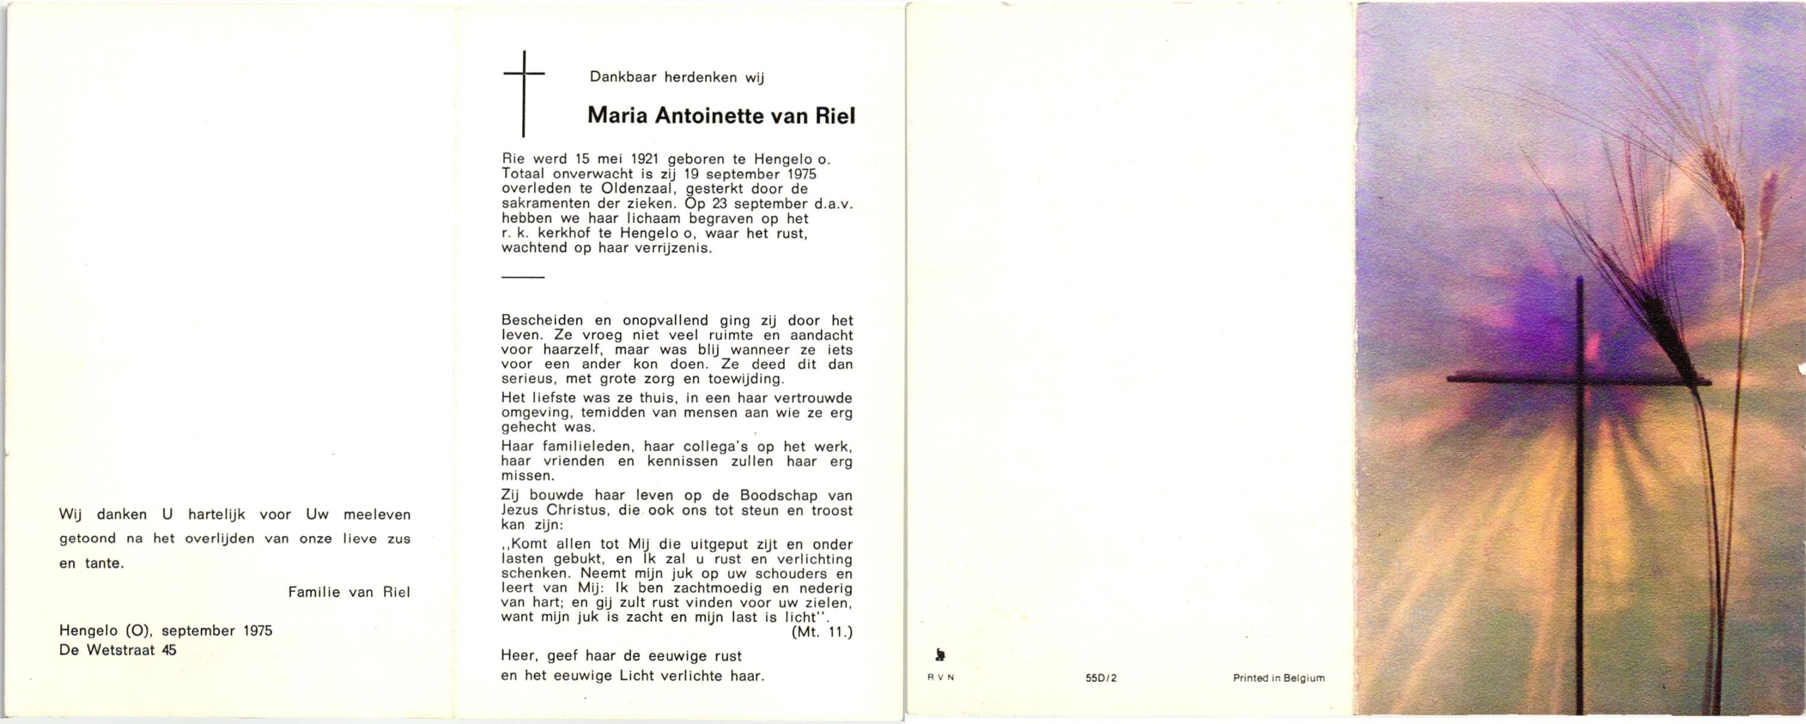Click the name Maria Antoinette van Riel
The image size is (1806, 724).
click(x=721, y=116)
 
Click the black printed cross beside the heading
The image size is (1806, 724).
click(x=524, y=92)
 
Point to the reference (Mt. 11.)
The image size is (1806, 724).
click(x=822, y=632)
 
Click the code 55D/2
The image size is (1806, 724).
click(x=1101, y=678)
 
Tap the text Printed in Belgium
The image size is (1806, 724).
click(x=1279, y=678)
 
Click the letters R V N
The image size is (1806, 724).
click(x=941, y=678)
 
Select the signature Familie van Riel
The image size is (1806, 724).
click(x=349, y=592)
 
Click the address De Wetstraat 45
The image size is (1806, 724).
click(x=118, y=650)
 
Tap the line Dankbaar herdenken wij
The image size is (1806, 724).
click(x=677, y=77)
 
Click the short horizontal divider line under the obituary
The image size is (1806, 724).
click(x=523, y=277)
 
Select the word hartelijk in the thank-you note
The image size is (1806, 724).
click(x=217, y=514)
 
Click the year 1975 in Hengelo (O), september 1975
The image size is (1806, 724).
click(x=258, y=630)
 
